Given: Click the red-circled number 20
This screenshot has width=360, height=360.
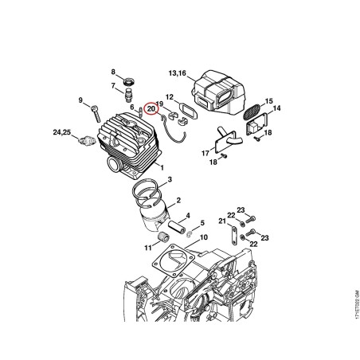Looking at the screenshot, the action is pyautogui.click(x=151, y=108).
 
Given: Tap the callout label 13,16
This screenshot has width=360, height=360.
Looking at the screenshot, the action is pyautogui.click(x=178, y=73).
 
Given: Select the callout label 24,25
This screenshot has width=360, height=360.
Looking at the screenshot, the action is pyautogui.click(x=62, y=132).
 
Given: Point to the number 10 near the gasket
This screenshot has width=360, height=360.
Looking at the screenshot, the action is pyautogui.click(x=203, y=237).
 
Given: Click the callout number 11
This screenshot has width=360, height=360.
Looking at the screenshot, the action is pyautogui.click(x=148, y=248).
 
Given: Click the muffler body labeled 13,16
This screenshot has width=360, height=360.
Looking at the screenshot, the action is pyautogui.click(x=219, y=90).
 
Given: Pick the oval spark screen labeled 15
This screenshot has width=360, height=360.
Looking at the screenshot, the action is pyautogui.click(x=252, y=112).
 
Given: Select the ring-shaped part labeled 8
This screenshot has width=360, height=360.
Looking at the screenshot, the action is pyautogui.click(x=130, y=80).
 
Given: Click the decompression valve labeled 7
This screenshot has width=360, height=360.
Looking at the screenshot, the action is pyautogui.click(x=128, y=95).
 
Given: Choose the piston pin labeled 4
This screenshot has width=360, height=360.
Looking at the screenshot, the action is pyautogui.click(x=177, y=227).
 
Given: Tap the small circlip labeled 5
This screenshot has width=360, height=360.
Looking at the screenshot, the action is pyautogui.click(x=190, y=234).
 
